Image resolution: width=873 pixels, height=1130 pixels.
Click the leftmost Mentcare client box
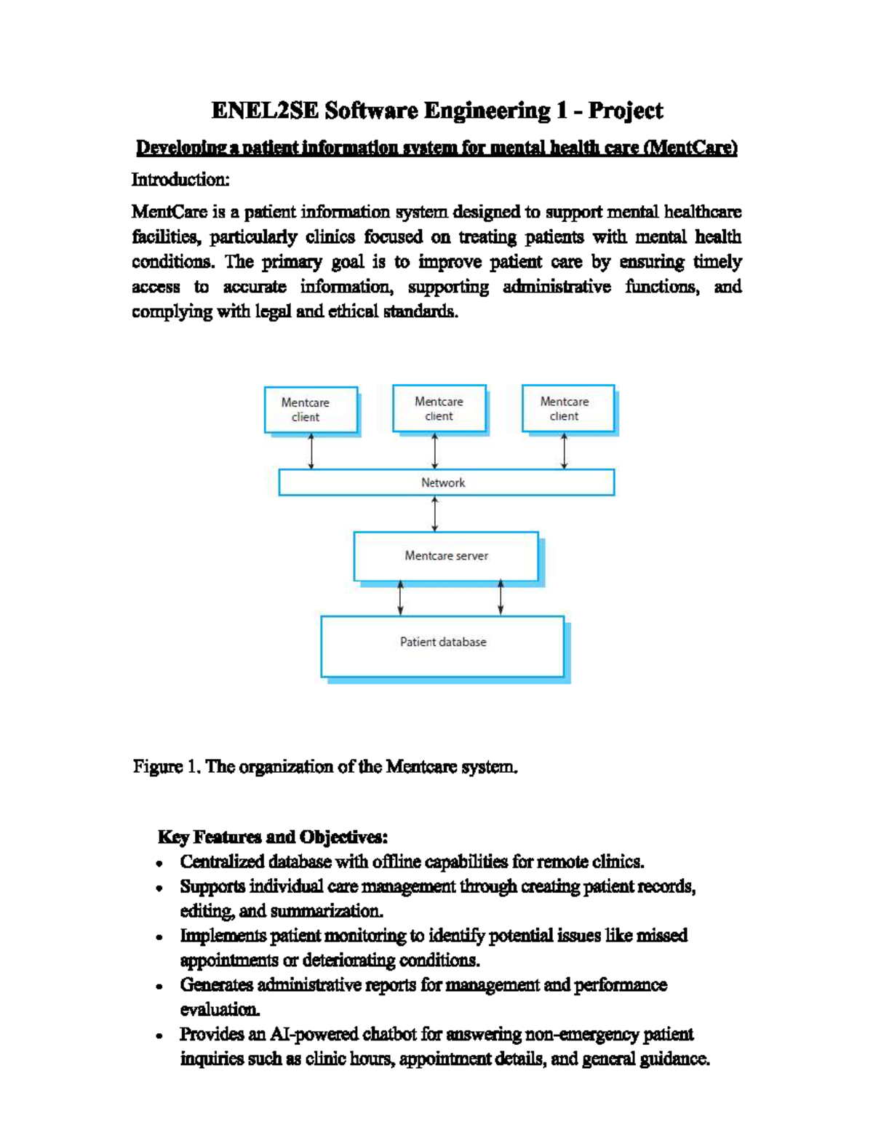(311, 410)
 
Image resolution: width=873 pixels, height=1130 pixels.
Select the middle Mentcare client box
(439, 408)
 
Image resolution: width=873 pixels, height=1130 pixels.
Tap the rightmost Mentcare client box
(567, 408)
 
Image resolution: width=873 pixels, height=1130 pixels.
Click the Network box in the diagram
(446, 482)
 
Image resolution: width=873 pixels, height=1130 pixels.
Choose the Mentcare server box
(446, 556)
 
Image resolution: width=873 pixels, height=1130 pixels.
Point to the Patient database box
(442, 645)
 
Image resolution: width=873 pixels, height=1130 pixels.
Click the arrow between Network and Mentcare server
(435, 514)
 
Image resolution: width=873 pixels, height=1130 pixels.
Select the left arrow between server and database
(400, 598)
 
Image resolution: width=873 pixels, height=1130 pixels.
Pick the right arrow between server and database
(501, 598)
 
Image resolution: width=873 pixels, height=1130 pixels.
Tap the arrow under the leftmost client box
(311, 451)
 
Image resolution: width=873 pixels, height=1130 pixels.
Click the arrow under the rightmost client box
(565, 451)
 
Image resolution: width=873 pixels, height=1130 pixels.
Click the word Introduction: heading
(180, 180)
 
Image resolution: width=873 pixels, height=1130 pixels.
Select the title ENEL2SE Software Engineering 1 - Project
(436, 111)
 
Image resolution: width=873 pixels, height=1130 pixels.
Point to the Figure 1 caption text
(325, 767)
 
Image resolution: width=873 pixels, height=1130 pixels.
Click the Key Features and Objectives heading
(273, 837)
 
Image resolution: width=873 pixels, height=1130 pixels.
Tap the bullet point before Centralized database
(159, 864)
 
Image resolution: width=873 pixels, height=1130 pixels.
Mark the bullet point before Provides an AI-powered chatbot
(159, 1036)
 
